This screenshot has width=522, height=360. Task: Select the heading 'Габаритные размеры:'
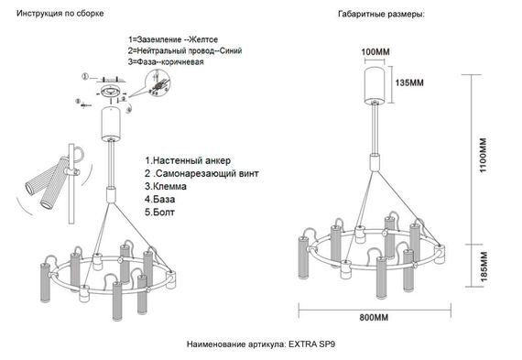tap(382, 15)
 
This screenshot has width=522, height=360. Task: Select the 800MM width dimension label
tap(375, 318)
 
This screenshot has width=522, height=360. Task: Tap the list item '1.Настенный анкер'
tap(186, 158)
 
